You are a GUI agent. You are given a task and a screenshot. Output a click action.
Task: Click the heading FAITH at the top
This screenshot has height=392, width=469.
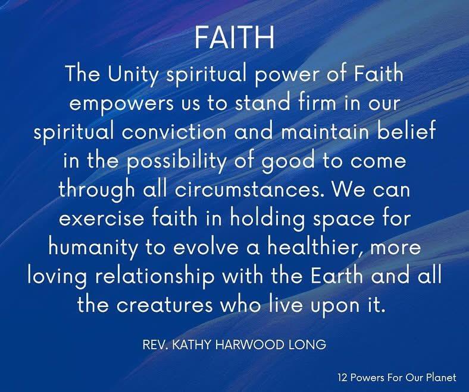(234, 37)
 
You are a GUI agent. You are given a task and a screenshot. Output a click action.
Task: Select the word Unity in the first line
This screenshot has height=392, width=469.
(132, 75)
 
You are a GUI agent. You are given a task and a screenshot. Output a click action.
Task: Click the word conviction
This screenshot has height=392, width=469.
(174, 132)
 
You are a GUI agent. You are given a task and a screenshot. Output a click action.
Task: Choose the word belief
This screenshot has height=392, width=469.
(406, 131)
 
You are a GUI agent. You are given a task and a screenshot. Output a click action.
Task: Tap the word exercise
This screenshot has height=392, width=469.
(102, 219)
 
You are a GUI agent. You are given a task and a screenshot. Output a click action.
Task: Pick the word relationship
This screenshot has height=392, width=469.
(155, 277)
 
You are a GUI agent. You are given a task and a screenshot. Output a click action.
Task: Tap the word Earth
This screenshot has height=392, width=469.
(337, 276)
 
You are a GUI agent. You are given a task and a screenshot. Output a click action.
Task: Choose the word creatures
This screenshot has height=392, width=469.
(165, 305)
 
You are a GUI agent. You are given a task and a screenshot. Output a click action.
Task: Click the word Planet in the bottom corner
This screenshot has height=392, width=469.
(441, 377)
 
